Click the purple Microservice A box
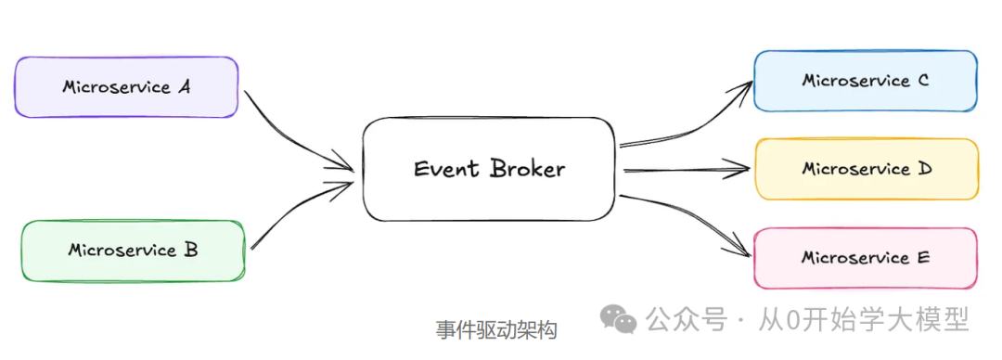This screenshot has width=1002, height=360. (x=126, y=87)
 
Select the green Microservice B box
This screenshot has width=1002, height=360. (x=133, y=251)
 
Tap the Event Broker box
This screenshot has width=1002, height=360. (x=489, y=169)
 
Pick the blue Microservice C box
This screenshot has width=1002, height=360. (x=865, y=81)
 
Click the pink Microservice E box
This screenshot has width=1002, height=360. (x=865, y=258)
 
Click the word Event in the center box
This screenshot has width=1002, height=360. (x=446, y=169)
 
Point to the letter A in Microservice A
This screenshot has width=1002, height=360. (x=184, y=87)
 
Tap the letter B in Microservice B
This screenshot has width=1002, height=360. (x=190, y=250)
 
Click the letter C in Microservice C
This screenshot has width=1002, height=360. (x=922, y=81)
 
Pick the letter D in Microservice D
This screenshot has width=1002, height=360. (x=925, y=169)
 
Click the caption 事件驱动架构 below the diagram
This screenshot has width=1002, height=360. (x=496, y=330)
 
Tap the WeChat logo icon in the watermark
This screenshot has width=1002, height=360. (x=618, y=320)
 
